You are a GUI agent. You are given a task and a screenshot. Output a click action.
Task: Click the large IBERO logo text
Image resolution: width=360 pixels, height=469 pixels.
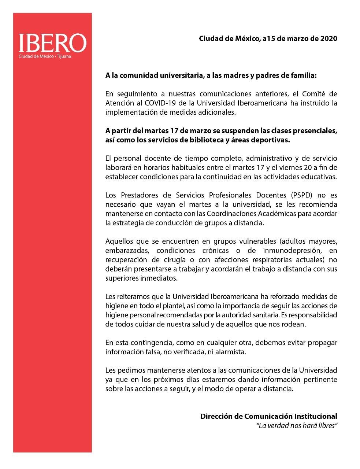[x=52, y=43]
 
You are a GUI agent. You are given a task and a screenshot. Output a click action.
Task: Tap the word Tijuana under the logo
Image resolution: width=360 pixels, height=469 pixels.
[x=64, y=57]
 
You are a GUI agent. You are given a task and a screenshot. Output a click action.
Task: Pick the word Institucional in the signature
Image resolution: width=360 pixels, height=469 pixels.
[x=316, y=416]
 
